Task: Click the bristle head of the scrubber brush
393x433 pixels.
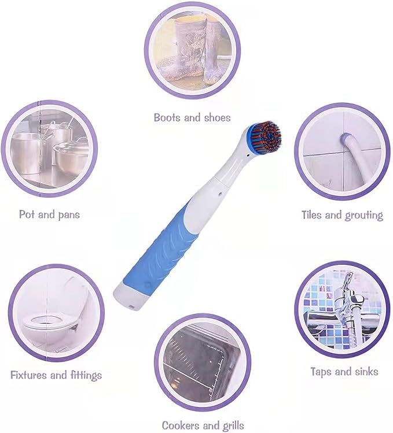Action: pyautogui.click(x=266, y=138)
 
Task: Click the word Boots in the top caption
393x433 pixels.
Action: pyautogui.click(x=167, y=117)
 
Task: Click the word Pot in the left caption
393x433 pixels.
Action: pyautogui.click(x=27, y=214)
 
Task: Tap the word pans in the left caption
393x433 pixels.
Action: pyautogui.click(x=67, y=214)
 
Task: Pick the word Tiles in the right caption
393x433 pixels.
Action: pyautogui.click(x=313, y=215)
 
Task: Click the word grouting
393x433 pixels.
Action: pyautogui.click(x=364, y=216)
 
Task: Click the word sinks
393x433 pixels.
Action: pyautogui.click(x=365, y=371)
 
